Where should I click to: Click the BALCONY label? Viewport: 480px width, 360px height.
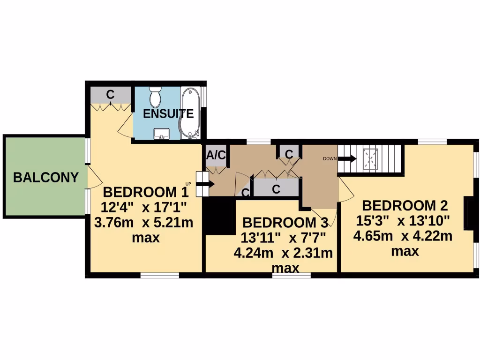(45, 178)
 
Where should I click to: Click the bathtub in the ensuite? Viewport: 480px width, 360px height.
(190, 112)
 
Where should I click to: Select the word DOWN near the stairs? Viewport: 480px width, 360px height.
(330, 159)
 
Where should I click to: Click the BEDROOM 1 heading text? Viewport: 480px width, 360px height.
(145, 192)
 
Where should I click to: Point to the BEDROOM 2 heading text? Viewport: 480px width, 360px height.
(405, 205)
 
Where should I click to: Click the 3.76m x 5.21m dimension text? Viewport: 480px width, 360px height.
(143, 222)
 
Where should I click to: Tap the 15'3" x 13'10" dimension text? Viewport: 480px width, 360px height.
(402, 220)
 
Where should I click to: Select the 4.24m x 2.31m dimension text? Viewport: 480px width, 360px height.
(283, 253)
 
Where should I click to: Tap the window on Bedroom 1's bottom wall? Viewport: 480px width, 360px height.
(160, 275)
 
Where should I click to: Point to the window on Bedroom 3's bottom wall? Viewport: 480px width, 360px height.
(292, 275)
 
